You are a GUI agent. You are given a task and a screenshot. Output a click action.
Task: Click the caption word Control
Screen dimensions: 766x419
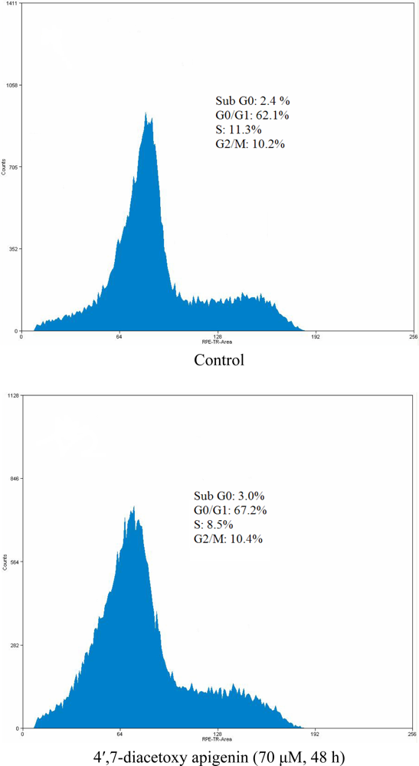click(x=219, y=359)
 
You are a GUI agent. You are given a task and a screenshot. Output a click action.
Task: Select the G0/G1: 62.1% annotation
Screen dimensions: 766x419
click(x=252, y=115)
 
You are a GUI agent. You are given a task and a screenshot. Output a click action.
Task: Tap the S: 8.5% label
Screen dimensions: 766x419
click(x=214, y=525)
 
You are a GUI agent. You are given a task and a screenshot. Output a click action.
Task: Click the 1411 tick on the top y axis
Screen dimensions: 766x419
click(x=11, y=4)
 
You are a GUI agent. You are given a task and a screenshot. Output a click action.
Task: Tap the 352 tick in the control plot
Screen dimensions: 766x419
click(x=12, y=249)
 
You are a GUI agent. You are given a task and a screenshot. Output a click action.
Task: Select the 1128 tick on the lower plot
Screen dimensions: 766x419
click(x=11, y=396)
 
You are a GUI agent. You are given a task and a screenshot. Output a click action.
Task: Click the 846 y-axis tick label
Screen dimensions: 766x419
click(x=12, y=479)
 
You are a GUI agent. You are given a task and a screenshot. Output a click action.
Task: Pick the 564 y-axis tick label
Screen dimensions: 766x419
click(x=12, y=562)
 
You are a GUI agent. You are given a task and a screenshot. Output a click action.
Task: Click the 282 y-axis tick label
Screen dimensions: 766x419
click(x=12, y=645)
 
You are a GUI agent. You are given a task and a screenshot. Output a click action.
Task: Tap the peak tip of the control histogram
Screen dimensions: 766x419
click(x=146, y=113)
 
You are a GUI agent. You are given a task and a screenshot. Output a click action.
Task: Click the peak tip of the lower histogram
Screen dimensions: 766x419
click(x=133, y=506)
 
